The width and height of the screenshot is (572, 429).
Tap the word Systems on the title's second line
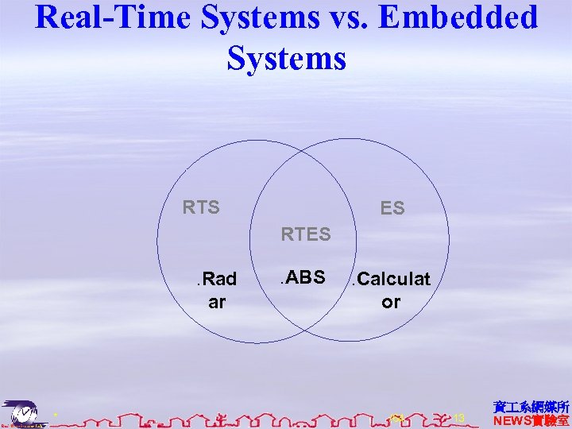[286, 58]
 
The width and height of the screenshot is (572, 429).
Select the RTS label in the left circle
[201, 207]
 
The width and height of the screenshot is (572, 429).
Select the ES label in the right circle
[392, 208]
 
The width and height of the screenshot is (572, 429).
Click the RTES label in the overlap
[305, 234]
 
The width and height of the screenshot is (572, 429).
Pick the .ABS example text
[301, 277]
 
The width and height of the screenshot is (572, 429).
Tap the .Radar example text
[216, 290]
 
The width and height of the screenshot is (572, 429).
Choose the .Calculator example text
[391, 290]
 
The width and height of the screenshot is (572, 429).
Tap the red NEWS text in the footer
[531, 420]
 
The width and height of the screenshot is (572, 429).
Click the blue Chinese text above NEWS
[531, 406]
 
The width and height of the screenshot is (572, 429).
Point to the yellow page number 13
[458, 417]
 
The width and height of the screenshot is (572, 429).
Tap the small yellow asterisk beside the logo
[55, 415]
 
